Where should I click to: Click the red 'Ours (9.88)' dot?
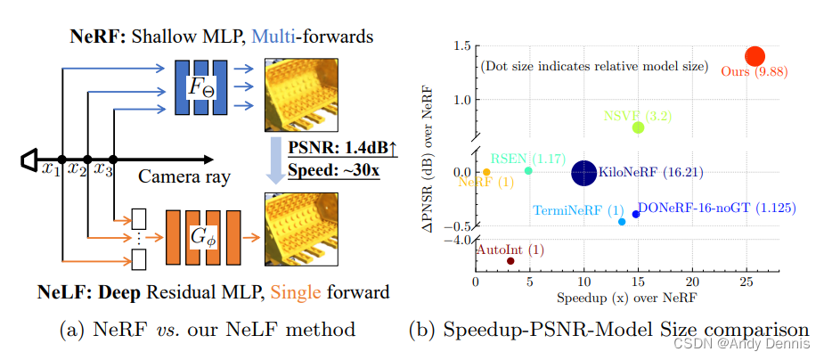[755, 56]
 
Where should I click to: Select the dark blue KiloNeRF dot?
[583, 173]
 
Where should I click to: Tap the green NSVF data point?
[638, 127]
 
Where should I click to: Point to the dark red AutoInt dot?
[510, 261]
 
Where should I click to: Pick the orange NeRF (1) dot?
[486, 171]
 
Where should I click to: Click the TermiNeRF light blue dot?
[622, 221]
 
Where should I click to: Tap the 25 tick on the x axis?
[746, 282]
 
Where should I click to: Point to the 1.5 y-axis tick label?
[461, 46]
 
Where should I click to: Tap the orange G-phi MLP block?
[206, 240]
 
